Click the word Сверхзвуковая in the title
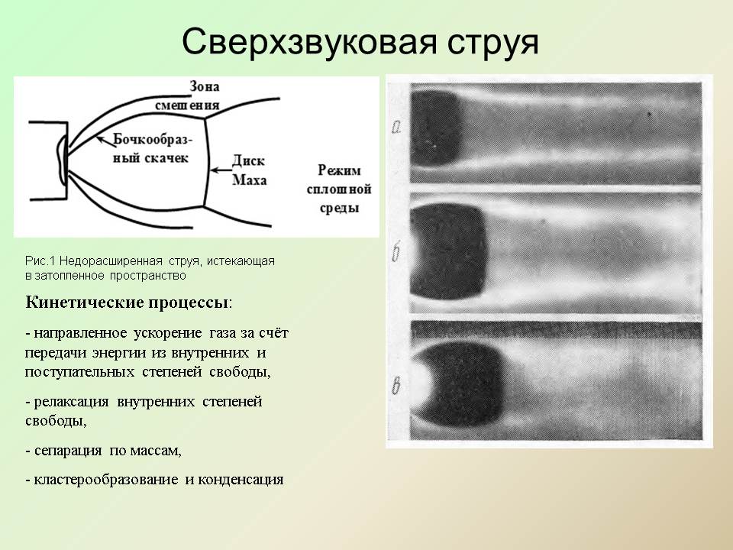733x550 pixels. pos(310,42)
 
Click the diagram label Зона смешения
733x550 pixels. pos(187,96)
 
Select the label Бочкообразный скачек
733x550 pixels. pos(153,149)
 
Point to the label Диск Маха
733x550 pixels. pos(249,170)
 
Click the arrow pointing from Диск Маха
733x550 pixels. pos(220,170)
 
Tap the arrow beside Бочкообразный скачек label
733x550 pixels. pos(105,139)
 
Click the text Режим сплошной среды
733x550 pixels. pos(339,189)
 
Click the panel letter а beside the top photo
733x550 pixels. pos(396,127)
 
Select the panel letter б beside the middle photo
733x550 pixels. pos(396,253)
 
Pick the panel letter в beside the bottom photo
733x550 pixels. pos(396,386)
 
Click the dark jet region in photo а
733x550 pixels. pos(436,128)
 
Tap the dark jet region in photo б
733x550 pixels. pos(448,251)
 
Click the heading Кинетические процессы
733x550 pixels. pos(128,302)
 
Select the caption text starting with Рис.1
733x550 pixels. pos(150,268)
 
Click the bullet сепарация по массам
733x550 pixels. pos(103,451)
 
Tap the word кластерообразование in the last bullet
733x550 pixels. pos(105,480)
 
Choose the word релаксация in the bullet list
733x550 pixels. pos(71,402)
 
